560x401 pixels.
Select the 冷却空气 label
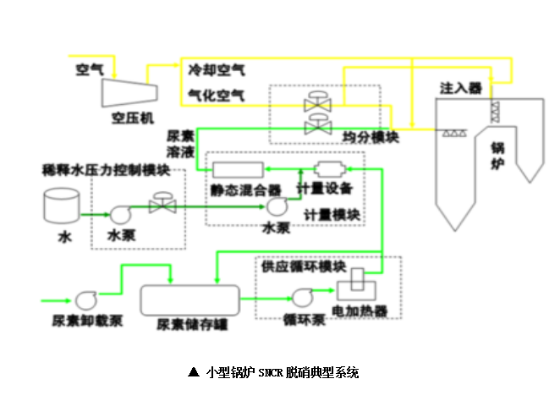pyautogui.click(x=217, y=69)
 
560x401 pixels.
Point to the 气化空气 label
pyautogui.click(x=217, y=96)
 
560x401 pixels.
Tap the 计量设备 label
pyautogui.click(x=324, y=188)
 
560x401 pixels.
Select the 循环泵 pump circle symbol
pyautogui.click(x=303, y=297)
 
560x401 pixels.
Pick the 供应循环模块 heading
pyautogui.click(x=304, y=267)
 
